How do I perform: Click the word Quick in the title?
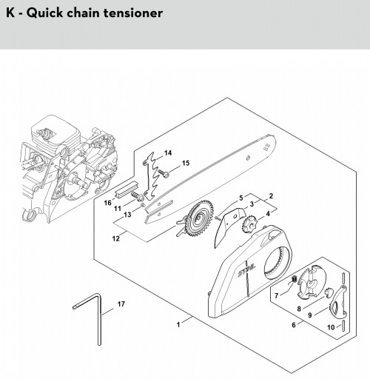pyautogui.click(x=45, y=13)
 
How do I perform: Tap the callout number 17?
pyautogui.click(x=121, y=304)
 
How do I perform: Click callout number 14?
pyautogui.click(x=168, y=153)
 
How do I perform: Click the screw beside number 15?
pyautogui.click(x=164, y=173)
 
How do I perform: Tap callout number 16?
pyautogui.click(x=108, y=203)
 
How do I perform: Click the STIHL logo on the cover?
pyautogui.click(x=246, y=271)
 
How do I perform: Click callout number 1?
pyautogui.click(x=178, y=324)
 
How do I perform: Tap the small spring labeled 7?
pyautogui.click(x=294, y=279)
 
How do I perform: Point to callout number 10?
pyautogui.click(x=331, y=327)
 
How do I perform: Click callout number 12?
pyautogui.click(x=115, y=238)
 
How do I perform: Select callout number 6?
pyautogui.click(x=294, y=325)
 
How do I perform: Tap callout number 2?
pyautogui.click(x=271, y=196)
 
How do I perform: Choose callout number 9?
pyautogui.click(x=310, y=315)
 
